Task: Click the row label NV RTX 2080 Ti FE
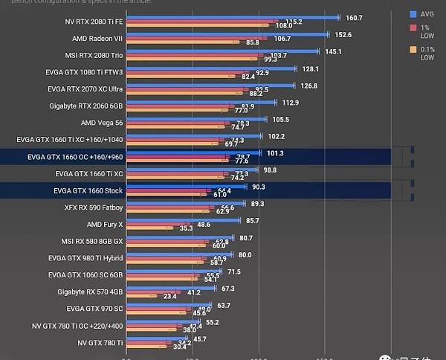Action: (x=94, y=21)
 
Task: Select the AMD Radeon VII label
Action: (x=97, y=38)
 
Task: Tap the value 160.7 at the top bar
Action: (x=354, y=18)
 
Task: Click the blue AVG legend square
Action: (x=413, y=13)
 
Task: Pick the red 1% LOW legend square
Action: (x=413, y=28)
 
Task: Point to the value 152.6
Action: (x=343, y=34)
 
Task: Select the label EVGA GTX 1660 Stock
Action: (x=88, y=191)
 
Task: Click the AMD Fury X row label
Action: (x=105, y=224)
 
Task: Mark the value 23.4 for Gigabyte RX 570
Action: (x=169, y=296)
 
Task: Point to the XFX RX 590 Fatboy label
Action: (x=93, y=208)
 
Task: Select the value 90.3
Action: (x=259, y=187)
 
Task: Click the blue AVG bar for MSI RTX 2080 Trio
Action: (x=223, y=51)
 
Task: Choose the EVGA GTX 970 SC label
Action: (x=94, y=308)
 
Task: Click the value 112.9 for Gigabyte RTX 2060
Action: (x=289, y=103)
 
